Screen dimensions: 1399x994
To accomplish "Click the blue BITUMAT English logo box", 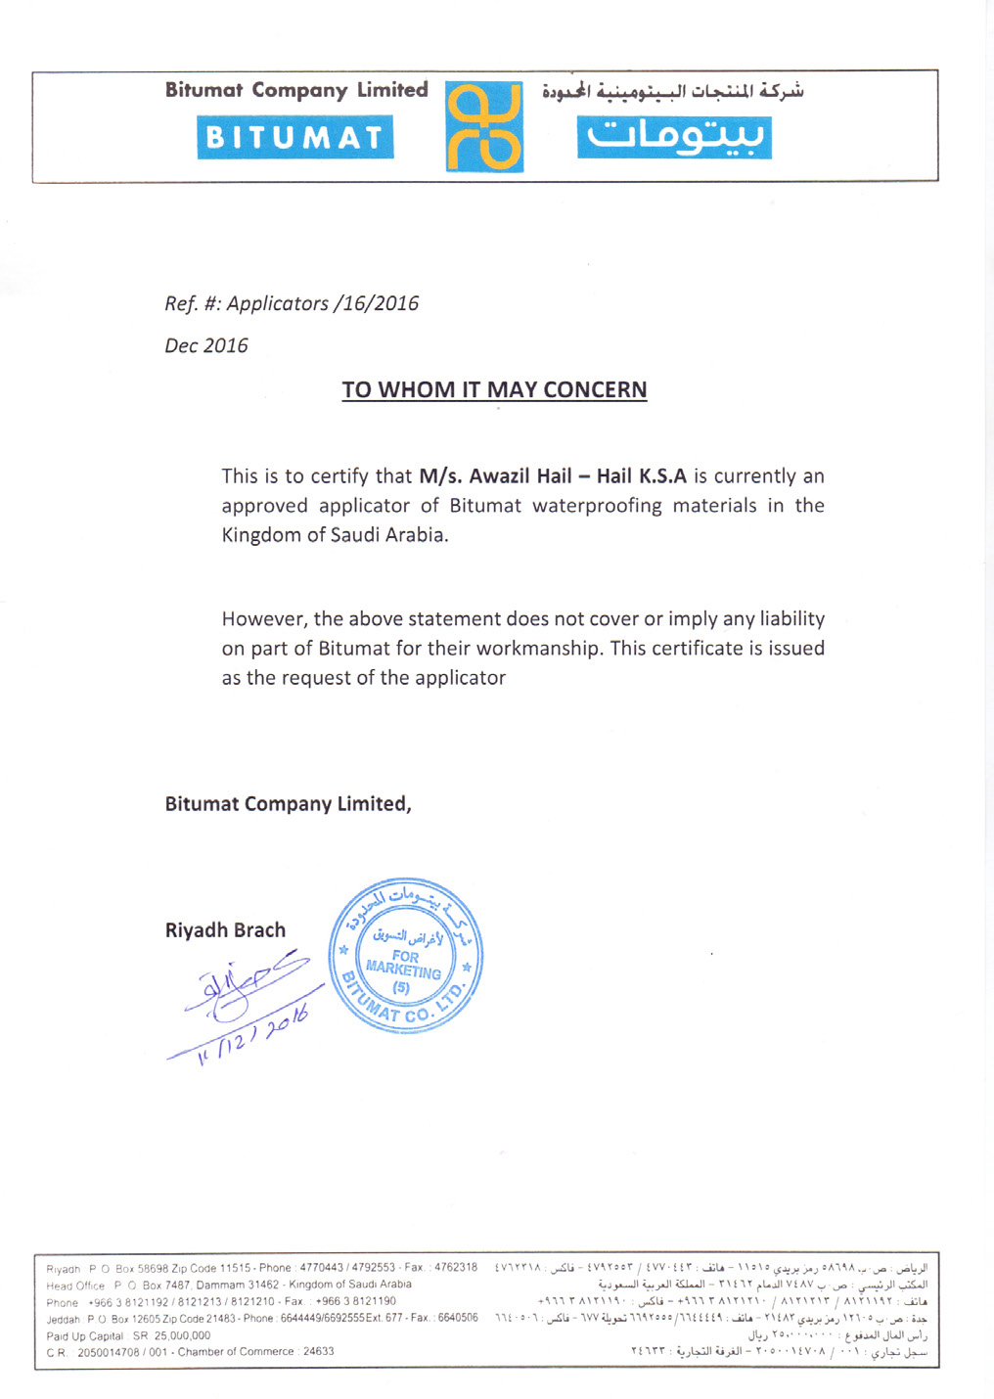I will pos(295,137).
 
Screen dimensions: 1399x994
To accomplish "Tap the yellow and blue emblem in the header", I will pos(484,127).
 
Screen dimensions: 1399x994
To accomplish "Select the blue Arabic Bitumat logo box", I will pos(674,137).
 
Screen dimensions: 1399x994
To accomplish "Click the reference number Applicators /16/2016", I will pos(322,303).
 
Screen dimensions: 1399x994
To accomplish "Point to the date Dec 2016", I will pos(206,345).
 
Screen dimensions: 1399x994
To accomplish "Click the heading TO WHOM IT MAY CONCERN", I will pos(494,389).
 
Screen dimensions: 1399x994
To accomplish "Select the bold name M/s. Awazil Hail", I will pos(495,476).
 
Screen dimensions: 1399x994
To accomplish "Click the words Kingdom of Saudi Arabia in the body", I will pos(335,535).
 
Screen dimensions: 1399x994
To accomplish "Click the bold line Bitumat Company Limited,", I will pos(288,804).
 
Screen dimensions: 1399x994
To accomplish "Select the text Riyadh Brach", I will pos(225,930).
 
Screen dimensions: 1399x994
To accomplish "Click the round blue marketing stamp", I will pos(405,956).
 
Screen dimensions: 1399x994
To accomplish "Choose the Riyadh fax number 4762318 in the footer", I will pos(456,1268).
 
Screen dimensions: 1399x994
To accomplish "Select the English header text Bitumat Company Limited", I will pos(296,90).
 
